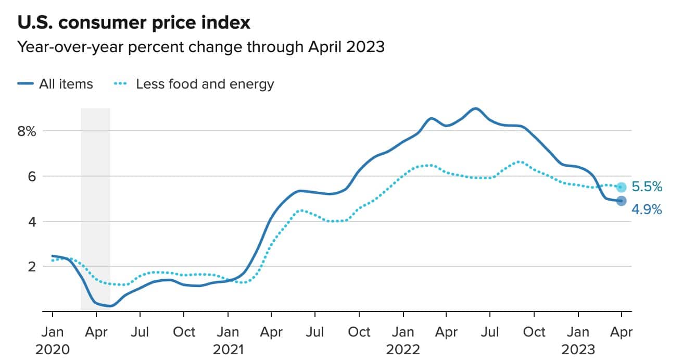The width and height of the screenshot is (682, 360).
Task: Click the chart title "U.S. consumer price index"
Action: click(134, 23)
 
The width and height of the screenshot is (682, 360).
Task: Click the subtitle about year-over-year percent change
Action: click(201, 47)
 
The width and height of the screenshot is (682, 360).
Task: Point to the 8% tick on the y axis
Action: click(26, 131)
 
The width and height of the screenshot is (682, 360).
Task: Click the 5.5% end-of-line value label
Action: click(647, 187)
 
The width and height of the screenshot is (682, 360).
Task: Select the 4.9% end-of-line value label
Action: click(647, 210)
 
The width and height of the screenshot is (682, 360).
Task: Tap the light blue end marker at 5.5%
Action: click(621, 187)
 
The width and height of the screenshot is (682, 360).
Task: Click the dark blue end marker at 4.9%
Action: click(621, 201)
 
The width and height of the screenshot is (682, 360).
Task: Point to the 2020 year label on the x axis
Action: click(52, 349)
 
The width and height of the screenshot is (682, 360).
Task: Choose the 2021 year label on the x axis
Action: click(228, 349)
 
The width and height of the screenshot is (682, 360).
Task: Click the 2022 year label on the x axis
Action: click(402, 349)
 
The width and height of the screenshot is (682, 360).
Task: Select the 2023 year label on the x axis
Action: click(578, 349)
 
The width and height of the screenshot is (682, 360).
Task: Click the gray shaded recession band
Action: click(95, 208)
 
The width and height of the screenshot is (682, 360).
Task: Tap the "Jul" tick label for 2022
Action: click(490, 332)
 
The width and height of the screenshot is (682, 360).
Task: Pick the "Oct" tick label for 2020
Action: click(183, 332)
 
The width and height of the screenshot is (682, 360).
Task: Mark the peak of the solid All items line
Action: click(475, 108)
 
